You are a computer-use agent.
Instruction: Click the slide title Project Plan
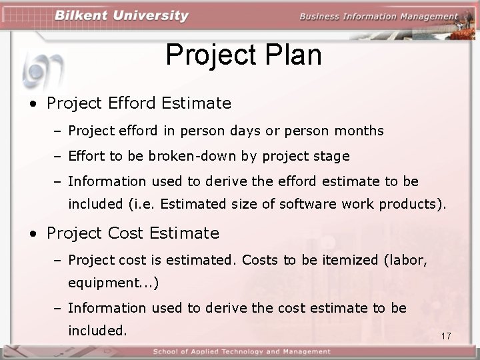(243, 55)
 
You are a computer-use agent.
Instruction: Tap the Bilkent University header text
(122, 16)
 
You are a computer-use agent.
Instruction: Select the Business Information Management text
(379, 17)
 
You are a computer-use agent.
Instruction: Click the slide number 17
(446, 336)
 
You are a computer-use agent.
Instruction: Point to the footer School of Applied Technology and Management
(241, 351)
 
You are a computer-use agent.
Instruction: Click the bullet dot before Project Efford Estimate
(33, 104)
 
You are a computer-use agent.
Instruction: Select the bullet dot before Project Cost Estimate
(33, 234)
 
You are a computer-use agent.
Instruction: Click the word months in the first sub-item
(360, 131)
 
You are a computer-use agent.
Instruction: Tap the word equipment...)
(113, 283)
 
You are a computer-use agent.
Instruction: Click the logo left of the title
(41, 67)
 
